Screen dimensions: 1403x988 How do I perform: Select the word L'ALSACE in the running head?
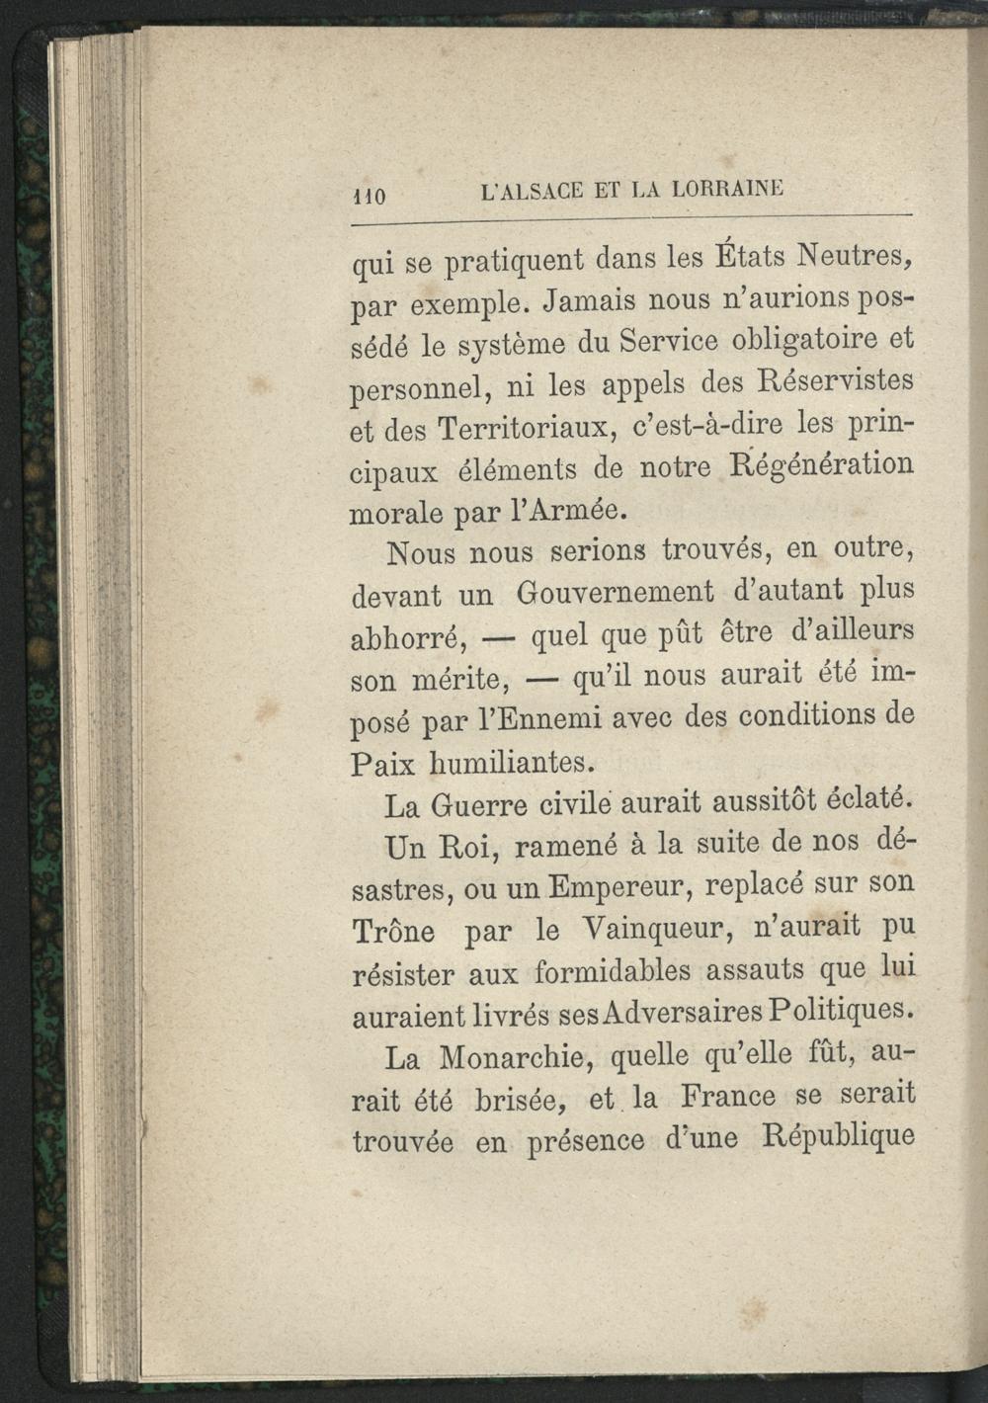pyautogui.click(x=528, y=191)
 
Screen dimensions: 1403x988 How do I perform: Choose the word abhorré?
pyautogui.click(x=409, y=638)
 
